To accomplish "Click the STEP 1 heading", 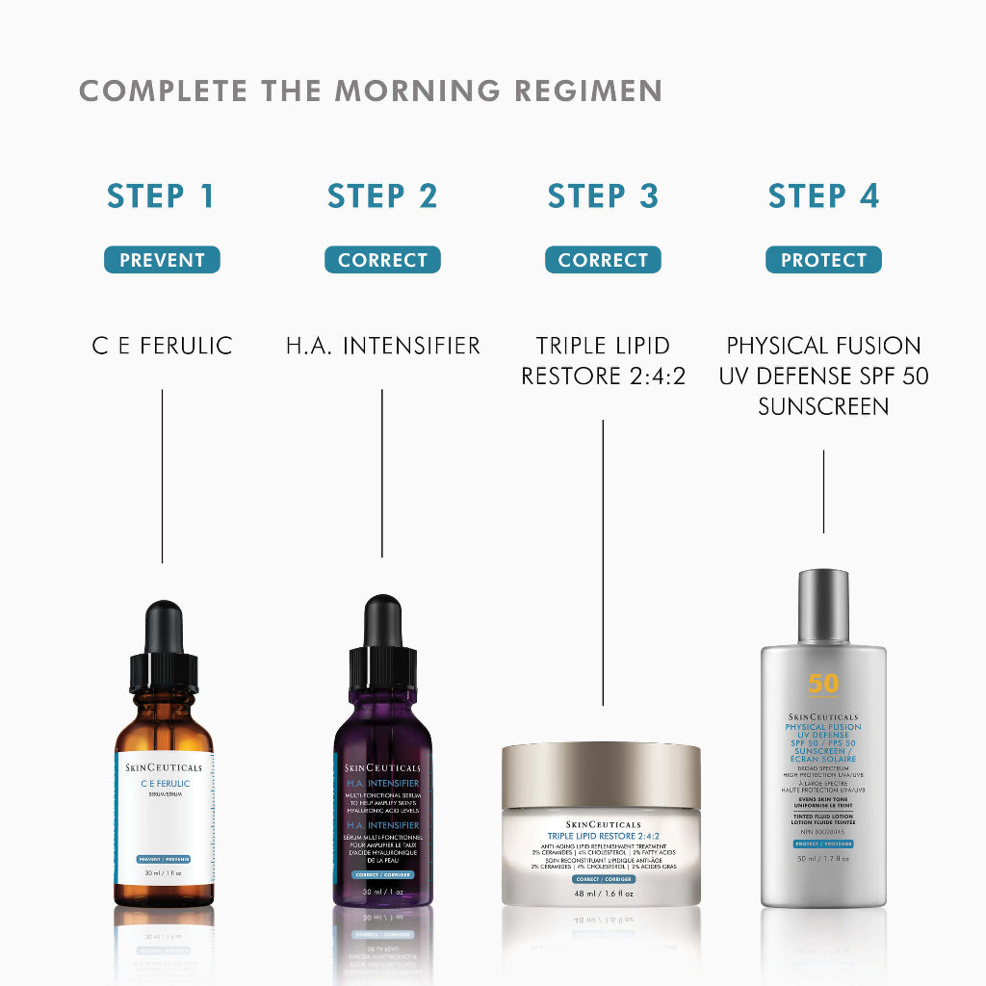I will (x=162, y=196).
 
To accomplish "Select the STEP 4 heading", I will (x=823, y=196).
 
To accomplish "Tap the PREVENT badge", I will (x=162, y=260).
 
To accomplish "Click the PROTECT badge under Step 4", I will (x=823, y=260).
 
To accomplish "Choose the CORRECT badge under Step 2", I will (x=382, y=260).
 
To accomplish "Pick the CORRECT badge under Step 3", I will (x=603, y=260).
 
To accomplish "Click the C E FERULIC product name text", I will (x=162, y=346).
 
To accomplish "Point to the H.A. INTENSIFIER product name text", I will (x=382, y=346).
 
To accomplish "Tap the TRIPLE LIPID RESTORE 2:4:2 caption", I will (x=603, y=360).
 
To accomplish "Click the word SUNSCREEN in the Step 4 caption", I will (x=823, y=406).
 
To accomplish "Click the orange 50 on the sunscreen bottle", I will (x=823, y=684).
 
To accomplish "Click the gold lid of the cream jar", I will (x=601, y=776).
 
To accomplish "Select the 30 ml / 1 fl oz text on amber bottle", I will (x=164, y=872).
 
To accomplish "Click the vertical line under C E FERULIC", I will (x=162, y=476).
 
